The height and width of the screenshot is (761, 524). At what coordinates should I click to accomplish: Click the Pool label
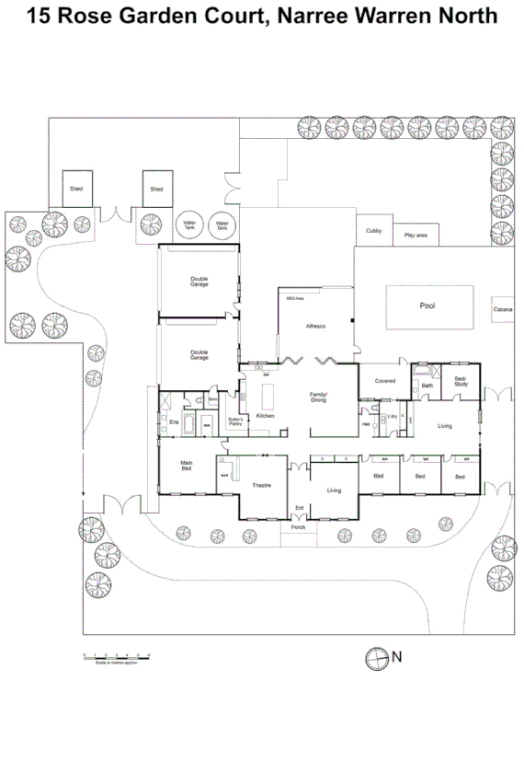[427, 306]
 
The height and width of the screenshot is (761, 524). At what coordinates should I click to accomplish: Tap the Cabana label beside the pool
[503, 310]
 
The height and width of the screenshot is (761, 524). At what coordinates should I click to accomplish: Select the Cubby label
[373, 231]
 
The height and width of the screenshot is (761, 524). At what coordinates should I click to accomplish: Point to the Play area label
[416, 236]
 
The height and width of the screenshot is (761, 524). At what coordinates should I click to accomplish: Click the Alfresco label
[316, 327]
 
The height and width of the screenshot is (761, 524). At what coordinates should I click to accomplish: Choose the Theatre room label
[262, 485]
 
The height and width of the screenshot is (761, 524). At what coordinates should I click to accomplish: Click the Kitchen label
[266, 417]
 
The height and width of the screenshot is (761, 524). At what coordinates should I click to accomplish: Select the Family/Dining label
[318, 397]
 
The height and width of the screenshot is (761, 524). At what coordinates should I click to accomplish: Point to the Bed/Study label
[461, 381]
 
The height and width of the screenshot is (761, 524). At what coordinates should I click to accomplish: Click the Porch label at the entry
[297, 527]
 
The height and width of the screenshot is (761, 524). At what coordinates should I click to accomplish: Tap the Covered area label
[385, 380]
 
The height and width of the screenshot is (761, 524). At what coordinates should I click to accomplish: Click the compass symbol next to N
[376, 657]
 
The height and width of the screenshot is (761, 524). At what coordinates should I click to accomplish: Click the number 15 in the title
[39, 16]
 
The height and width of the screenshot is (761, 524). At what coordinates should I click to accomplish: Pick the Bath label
[427, 386]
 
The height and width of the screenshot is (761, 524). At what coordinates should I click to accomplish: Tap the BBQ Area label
[295, 299]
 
